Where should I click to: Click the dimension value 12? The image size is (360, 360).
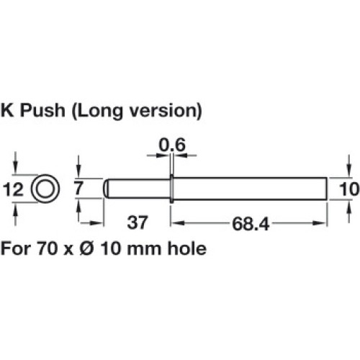(13, 189)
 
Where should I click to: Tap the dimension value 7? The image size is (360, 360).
(78, 189)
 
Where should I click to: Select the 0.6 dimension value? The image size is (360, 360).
(172, 145)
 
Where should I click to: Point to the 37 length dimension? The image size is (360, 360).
(138, 222)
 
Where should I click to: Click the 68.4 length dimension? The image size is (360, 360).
(251, 224)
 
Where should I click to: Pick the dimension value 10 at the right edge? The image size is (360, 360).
(349, 189)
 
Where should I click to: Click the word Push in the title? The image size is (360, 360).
(42, 111)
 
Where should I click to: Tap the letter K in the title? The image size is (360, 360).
(7, 111)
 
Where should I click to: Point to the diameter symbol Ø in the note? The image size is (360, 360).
(86, 248)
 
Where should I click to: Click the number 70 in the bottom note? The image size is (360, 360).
(47, 248)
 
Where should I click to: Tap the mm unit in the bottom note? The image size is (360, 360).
(144, 250)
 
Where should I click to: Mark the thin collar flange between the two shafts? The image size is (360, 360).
(171, 189)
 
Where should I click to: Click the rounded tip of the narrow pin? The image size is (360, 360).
(105, 189)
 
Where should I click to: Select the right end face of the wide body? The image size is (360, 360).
(327, 189)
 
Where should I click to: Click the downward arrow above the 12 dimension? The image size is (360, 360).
(16, 166)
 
